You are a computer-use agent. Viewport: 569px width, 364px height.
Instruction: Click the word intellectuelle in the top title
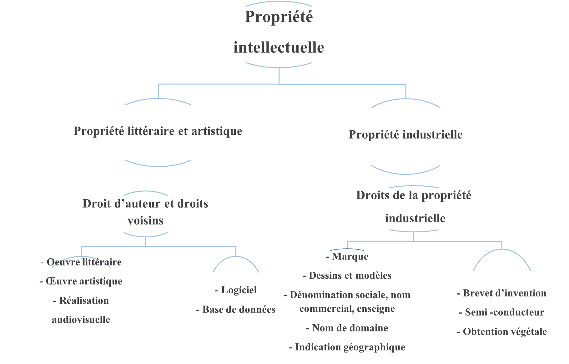click(279, 48)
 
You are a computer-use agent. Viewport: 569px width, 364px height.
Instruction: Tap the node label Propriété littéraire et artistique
click(158, 131)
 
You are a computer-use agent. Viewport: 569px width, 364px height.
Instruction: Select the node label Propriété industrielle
click(405, 135)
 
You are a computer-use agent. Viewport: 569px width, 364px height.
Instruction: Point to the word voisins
click(145, 221)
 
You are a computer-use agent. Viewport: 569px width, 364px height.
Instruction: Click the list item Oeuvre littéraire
click(81, 262)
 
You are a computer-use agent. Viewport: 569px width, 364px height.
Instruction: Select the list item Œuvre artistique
click(81, 281)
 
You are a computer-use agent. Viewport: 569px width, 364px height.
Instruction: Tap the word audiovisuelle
click(81, 320)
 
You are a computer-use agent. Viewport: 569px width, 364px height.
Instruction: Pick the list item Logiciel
click(236, 290)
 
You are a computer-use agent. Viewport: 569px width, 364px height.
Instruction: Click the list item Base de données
click(236, 309)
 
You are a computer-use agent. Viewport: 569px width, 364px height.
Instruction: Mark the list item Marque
click(347, 256)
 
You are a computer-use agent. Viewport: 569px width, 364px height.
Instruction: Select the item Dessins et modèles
click(347, 276)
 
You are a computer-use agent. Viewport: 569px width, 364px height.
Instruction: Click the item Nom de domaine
click(347, 328)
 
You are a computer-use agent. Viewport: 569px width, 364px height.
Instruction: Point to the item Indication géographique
click(347, 347)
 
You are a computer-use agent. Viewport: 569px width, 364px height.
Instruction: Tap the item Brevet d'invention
click(501, 293)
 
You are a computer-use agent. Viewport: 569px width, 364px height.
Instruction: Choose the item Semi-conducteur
click(501, 312)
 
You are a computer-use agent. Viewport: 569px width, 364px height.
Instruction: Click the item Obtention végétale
click(501, 331)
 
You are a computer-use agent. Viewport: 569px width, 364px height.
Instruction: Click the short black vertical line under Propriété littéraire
click(146, 177)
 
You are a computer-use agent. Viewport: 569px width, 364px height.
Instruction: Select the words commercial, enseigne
click(347, 309)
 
